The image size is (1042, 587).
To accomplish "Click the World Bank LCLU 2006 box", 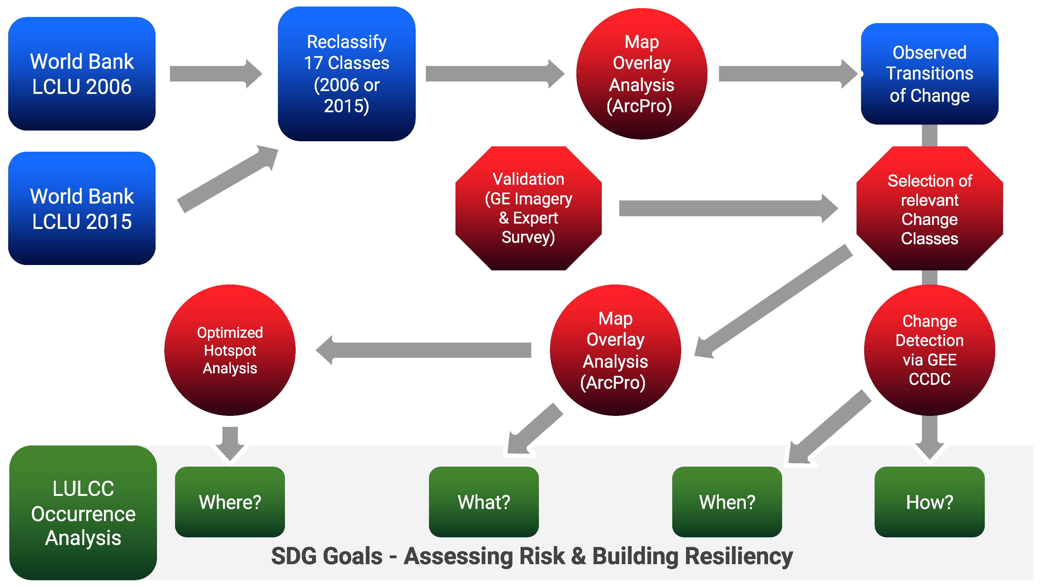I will click(x=82, y=74).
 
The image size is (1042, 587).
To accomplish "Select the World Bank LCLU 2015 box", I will click(x=82, y=209).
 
